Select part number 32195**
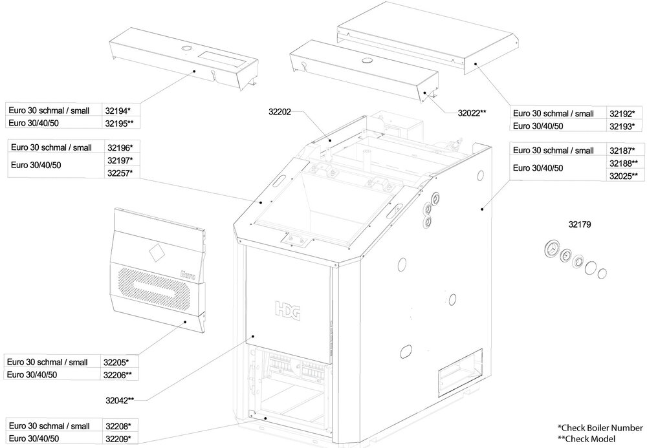(119, 122)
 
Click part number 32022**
(472, 112)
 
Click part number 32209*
(117, 439)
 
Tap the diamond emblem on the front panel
(155, 251)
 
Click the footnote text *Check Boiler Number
(600, 428)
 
